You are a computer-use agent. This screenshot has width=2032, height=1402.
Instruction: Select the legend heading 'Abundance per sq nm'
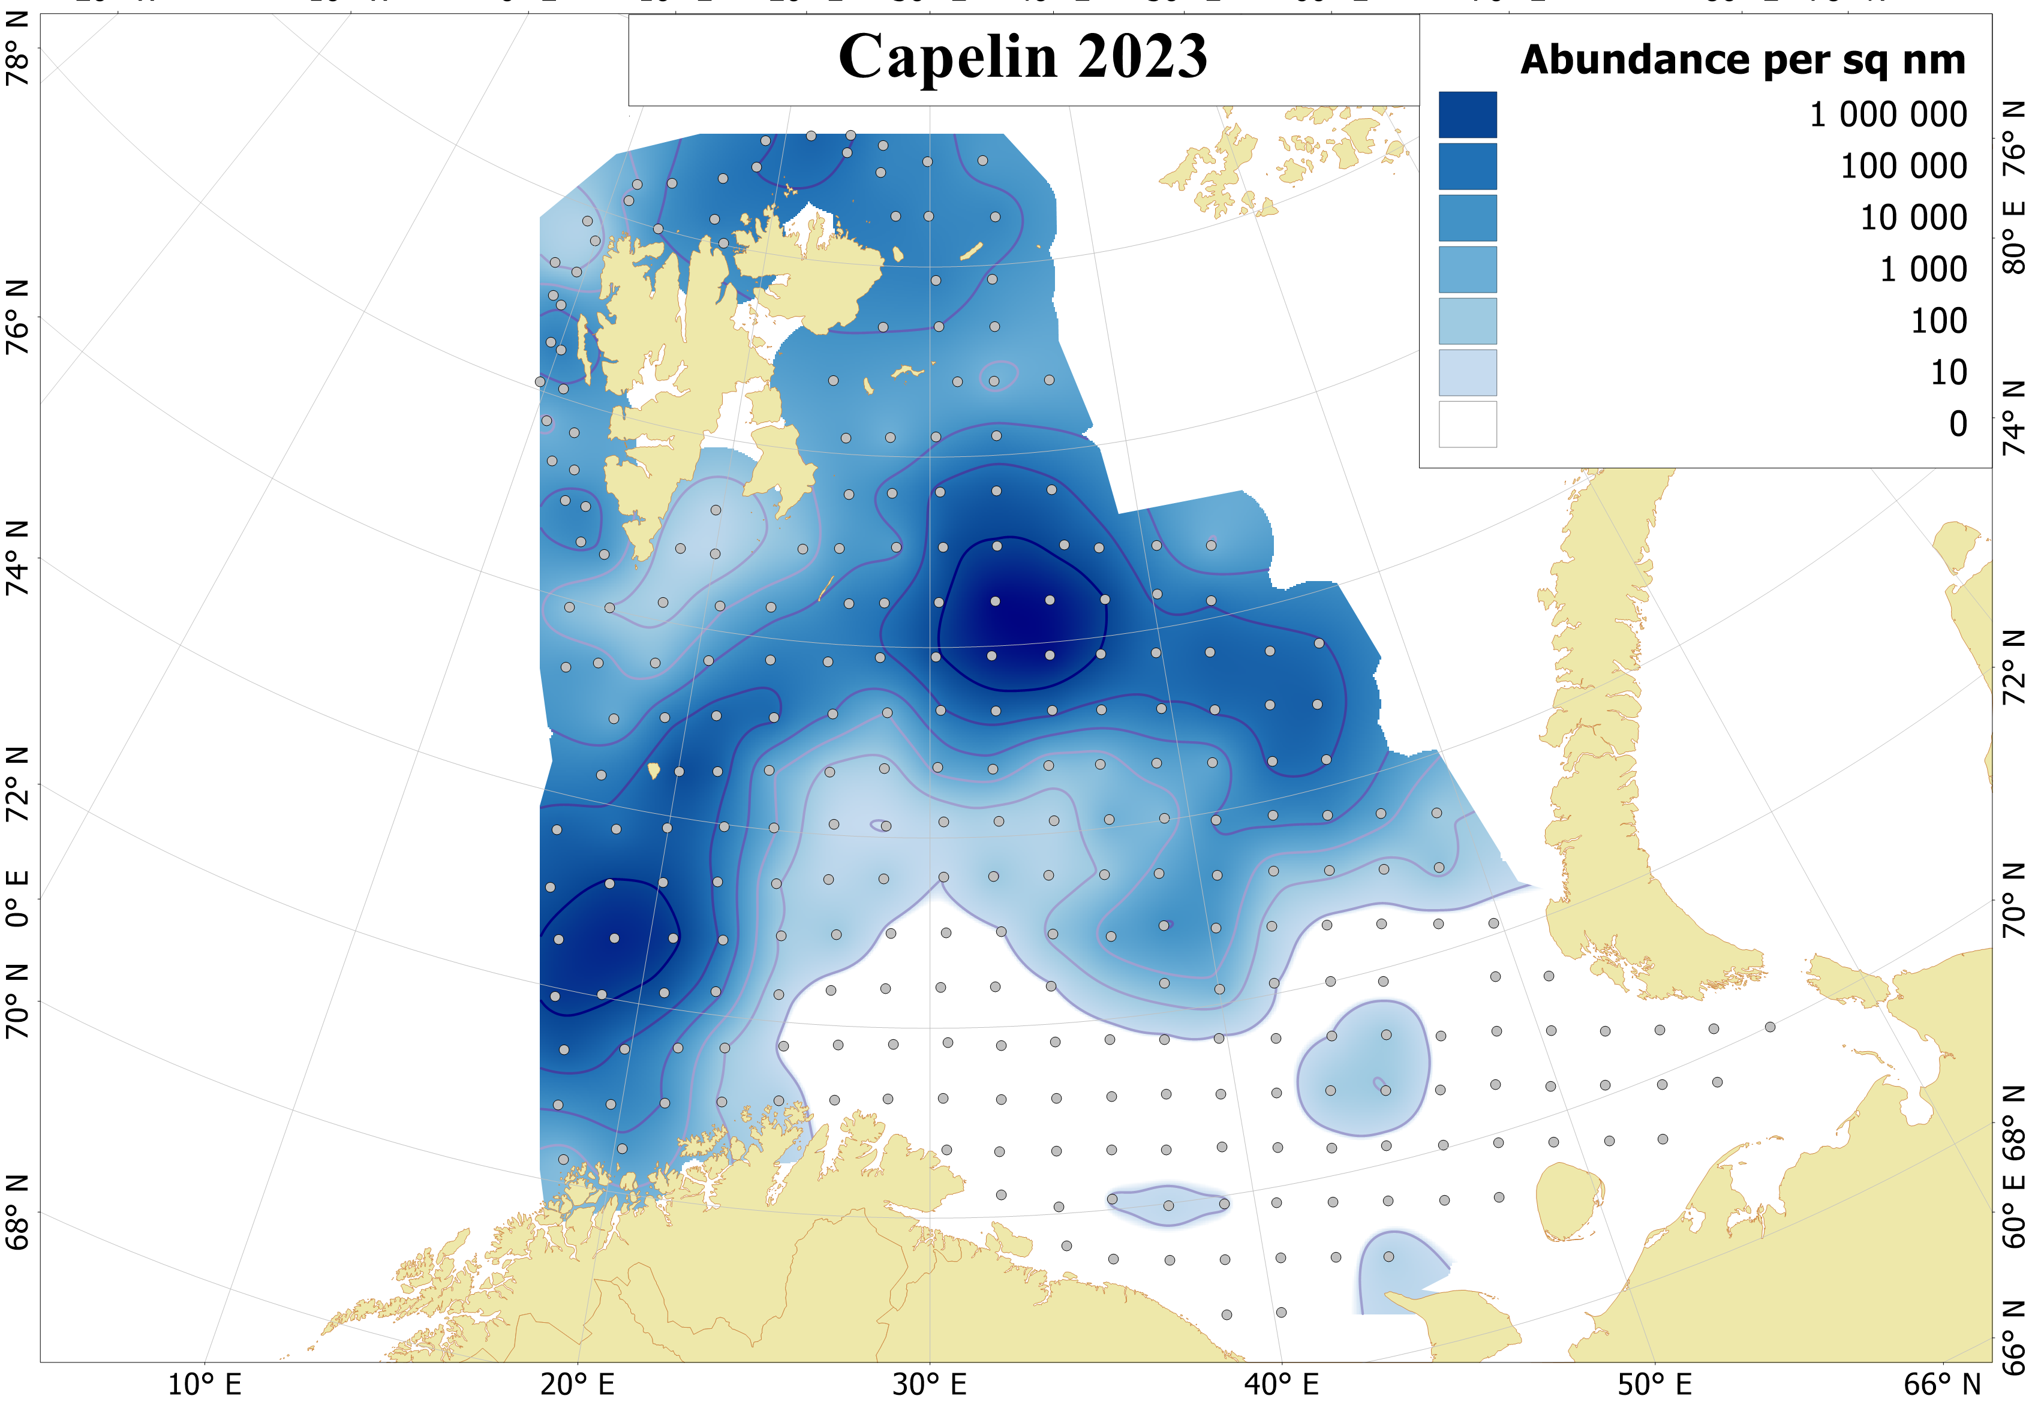[x=1742, y=61]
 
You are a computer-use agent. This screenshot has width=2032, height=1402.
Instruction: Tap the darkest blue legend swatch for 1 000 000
[x=1467, y=115]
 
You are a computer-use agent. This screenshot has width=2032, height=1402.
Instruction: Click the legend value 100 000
[x=1903, y=166]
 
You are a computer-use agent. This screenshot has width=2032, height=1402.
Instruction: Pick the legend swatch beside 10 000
[x=1467, y=218]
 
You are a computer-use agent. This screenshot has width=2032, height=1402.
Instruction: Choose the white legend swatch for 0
[x=1467, y=425]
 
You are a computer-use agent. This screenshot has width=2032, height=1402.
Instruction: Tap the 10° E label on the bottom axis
[x=205, y=1385]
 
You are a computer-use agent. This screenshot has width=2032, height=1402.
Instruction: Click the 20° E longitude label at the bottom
[x=577, y=1385]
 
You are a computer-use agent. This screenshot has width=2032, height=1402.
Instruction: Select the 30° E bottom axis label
[x=930, y=1385]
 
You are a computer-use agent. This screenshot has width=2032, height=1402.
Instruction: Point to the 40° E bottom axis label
[x=1282, y=1385]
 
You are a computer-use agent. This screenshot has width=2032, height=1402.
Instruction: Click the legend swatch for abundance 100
[x=1467, y=321]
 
